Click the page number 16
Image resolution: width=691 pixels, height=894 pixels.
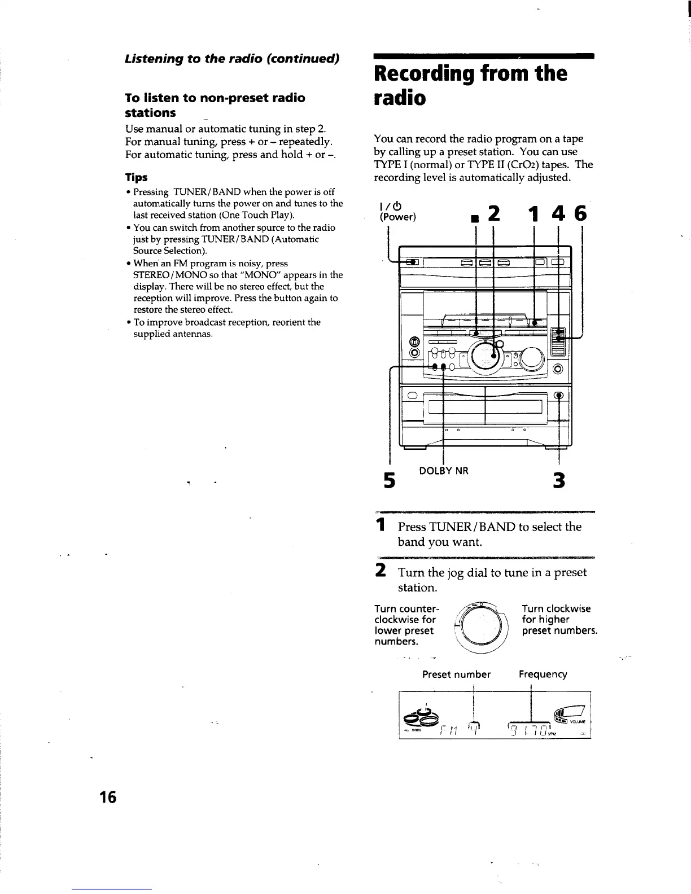pyautogui.click(x=107, y=797)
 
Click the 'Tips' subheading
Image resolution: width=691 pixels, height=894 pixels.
pyautogui.click(x=136, y=177)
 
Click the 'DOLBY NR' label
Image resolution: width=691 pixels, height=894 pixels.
pyautogui.click(x=444, y=470)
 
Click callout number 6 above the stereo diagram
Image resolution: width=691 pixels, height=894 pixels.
pyautogui.click(x=580, y=214)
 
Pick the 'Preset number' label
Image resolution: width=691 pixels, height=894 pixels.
pyautogui.click(x=457, y=674)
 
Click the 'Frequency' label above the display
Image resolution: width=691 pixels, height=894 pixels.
pyautogui.click(x=543, y=674)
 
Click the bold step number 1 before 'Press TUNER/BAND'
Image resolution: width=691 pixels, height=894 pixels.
pyautogui.click(x=382, y=525)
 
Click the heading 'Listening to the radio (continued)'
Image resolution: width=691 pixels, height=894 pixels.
pyautogui.click(x=231, y=59)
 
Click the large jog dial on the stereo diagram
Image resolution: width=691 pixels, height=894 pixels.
pyautogui.click(x=483, y=356)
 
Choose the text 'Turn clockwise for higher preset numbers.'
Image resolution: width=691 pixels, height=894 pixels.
pyautogui.click(x=559, y=620)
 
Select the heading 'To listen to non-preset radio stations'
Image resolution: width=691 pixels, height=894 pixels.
pyautogui.click(x=215, y=105)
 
